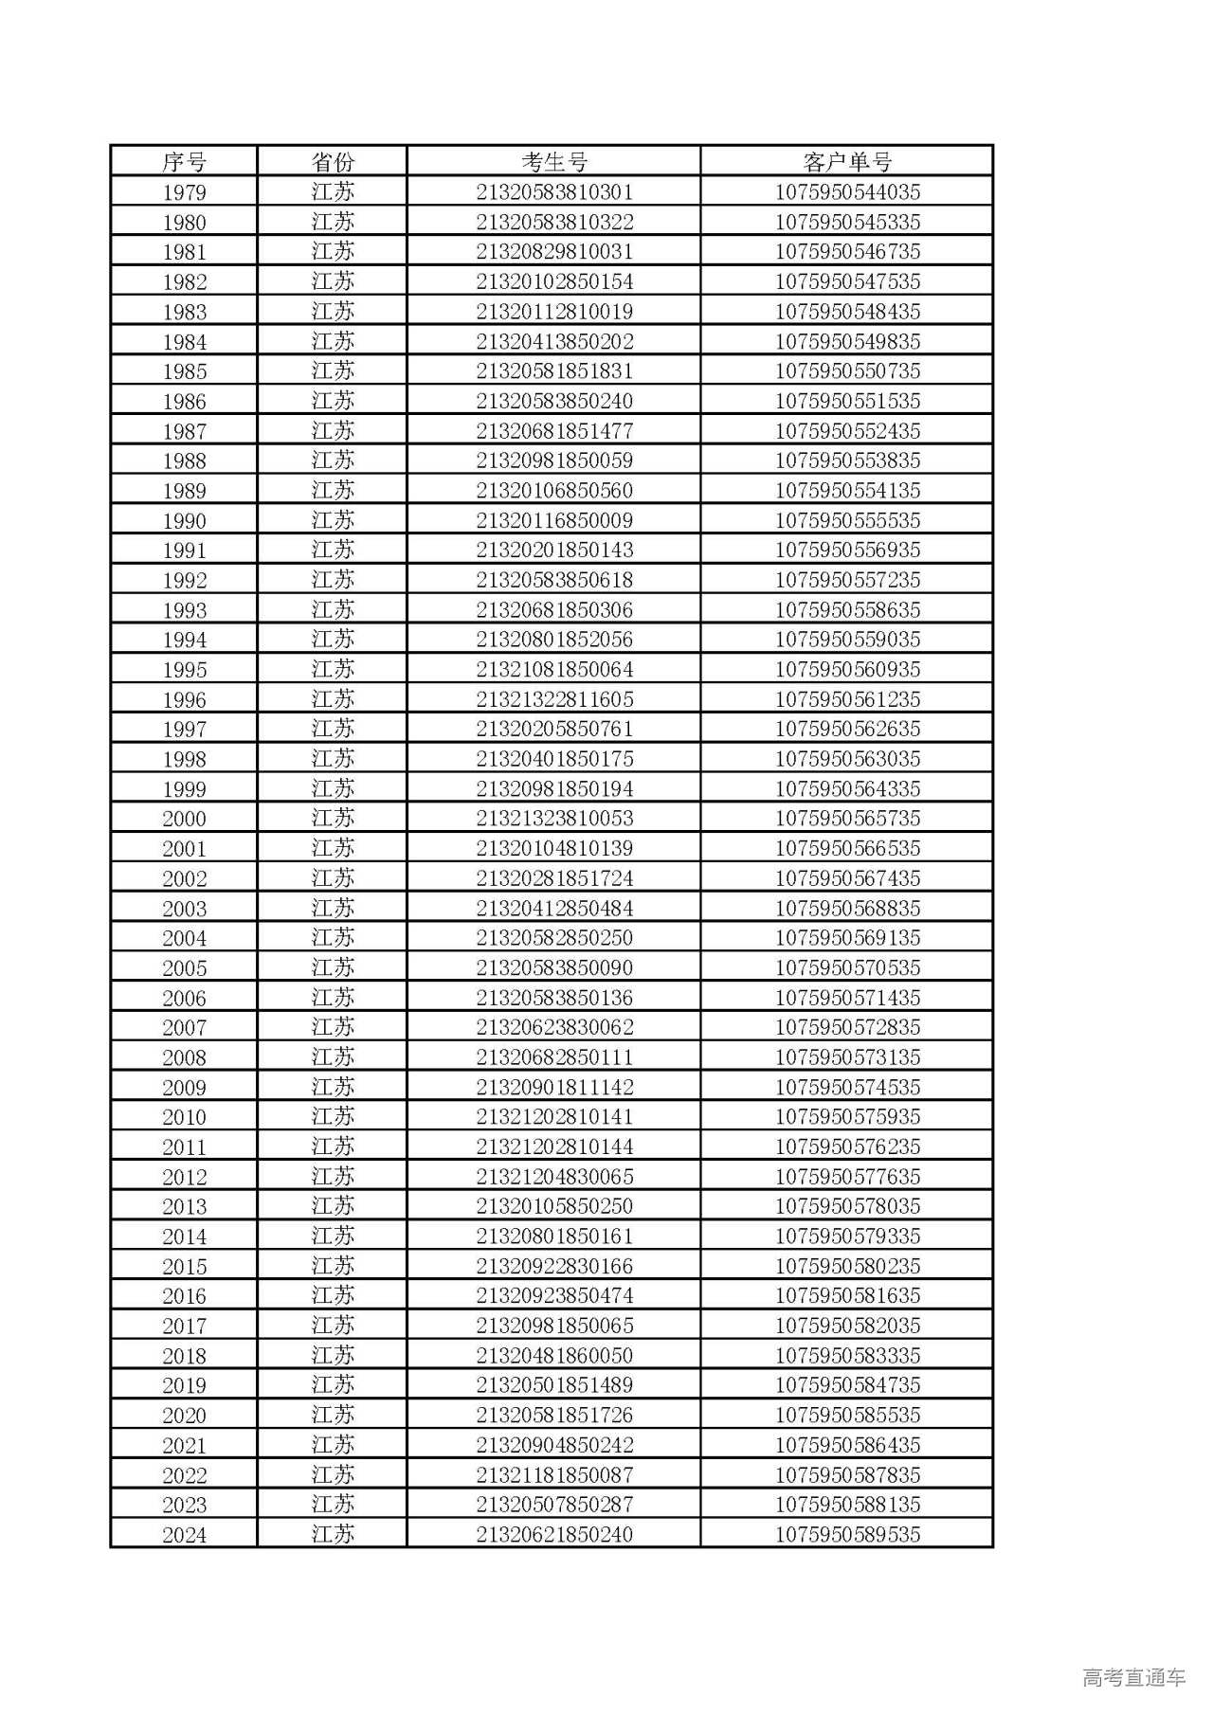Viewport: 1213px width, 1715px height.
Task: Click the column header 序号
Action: [184, 161]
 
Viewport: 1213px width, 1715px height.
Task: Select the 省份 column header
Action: [333, 161]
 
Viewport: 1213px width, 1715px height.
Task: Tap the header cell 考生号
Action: [554, 161]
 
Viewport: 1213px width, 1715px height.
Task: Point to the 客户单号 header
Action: [847, 161]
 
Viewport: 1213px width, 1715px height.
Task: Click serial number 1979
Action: [184, 192]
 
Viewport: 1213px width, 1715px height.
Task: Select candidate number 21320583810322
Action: [554, 222]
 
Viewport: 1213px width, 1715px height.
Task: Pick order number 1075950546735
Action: [847, 252]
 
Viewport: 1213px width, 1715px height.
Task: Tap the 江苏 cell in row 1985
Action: [333, 371]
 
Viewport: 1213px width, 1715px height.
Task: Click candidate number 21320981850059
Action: [554, 460]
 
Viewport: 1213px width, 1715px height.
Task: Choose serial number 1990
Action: [184, 520]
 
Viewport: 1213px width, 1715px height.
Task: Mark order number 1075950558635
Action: [847, 610]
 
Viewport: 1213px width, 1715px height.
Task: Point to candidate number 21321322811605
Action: [554, 699]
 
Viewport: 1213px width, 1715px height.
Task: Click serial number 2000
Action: [184, 819]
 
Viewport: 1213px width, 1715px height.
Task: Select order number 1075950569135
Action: [847, 938]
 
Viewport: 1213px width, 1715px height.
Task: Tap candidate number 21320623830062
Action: [554, 1027]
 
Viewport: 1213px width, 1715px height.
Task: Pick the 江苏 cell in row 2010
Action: [333, 1117]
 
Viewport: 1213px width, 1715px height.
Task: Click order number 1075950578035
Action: [847, 1206]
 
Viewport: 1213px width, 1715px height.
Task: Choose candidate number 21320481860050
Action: [554, 1355]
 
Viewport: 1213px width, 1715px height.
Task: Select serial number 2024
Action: [184, 1534]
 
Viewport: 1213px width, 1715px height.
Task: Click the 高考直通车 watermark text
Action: [1133, 1677]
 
